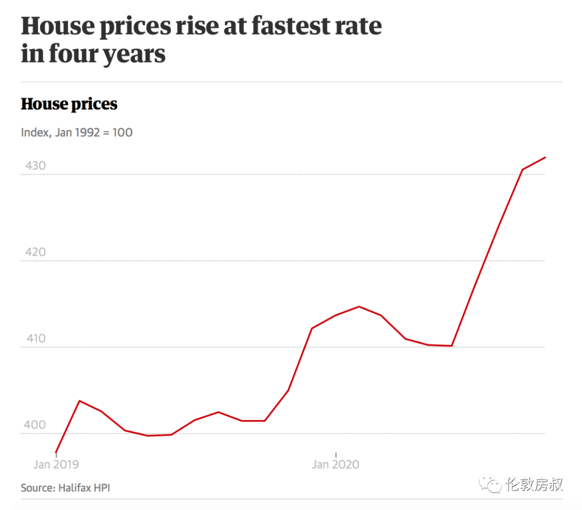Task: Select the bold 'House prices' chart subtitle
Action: click(69, 104)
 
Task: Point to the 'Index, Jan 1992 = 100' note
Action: click(77, 132)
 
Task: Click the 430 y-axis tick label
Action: click(35, 166)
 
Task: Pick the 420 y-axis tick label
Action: click(35, 252)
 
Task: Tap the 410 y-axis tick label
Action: click(35, 339)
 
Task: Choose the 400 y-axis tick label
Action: click(35, 425)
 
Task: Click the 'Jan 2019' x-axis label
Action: click(56, 464)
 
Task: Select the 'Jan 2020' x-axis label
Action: click(336, 464)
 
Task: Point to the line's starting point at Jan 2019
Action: click(56, 452)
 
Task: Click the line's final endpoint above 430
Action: click(546, 157)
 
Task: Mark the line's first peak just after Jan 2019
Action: click(80, 401)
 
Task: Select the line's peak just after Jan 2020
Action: click(359, 306)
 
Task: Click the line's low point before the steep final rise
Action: click(452, 346)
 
